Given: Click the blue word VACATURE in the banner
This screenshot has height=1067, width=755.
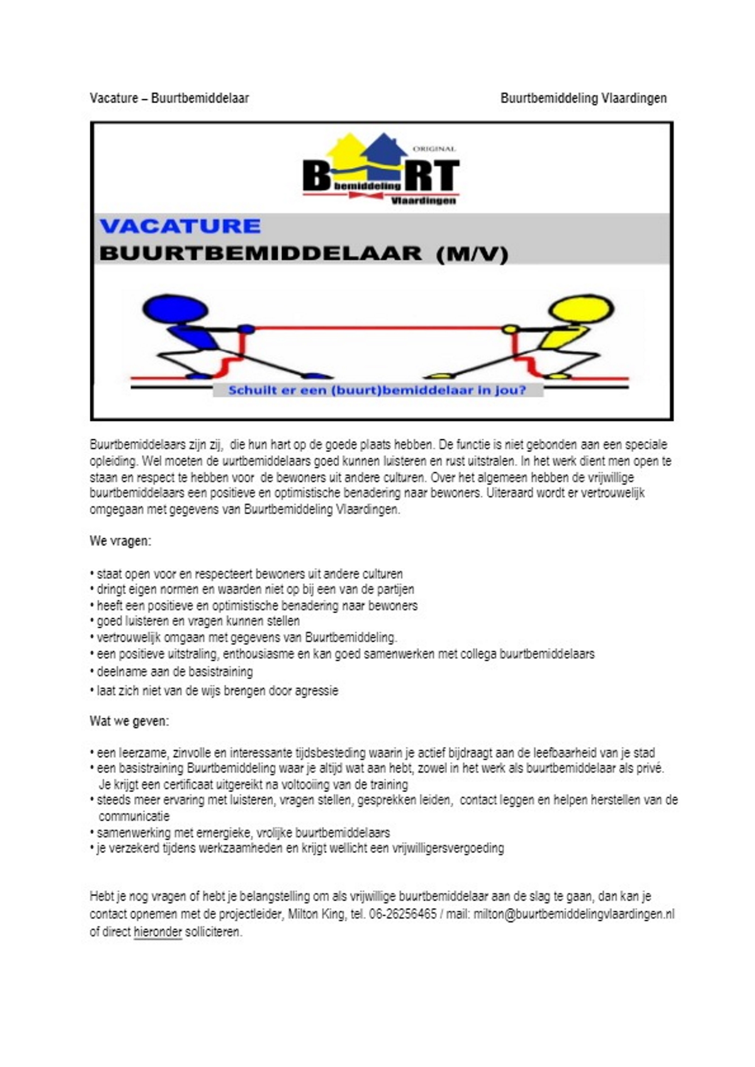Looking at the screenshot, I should pyautogui.click(x=180, y=226).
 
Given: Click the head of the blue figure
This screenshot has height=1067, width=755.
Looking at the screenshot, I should pyautogui.click(x=175, y=308).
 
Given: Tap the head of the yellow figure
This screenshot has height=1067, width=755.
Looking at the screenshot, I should pyautogui.click(x=581, y=308).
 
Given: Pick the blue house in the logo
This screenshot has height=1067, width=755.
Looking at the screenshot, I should pyautogui.click(x=384, y=150).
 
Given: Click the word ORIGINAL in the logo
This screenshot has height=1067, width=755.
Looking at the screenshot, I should pyautogui.click(x=434, y=149).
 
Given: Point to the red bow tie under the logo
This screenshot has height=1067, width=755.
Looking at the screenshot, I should pyautogui.click(x=366, y=195).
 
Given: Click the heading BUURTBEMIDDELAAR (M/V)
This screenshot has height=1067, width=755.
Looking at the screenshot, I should pyautogui.click(x=304, y=254).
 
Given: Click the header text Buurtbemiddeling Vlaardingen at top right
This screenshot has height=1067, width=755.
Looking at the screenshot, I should pyautogui.click(x=584, y=98).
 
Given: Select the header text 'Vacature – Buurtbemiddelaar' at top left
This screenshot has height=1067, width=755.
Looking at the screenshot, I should pyautogui.click(x=169, y=98).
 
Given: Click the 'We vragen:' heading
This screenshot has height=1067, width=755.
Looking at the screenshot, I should pyautogui.click(x=121, y=542).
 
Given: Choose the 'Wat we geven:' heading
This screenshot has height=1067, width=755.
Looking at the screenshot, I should pyautogui.click(x=129, y=721).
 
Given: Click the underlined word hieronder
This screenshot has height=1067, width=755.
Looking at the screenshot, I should pyautogui.click(x=157, y=932).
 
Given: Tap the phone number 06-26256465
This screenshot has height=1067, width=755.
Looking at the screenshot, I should pyautogui.click(x=403, y=914).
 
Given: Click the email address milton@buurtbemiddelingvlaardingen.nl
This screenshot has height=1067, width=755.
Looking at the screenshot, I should pyautogui.click(x=574, y=914).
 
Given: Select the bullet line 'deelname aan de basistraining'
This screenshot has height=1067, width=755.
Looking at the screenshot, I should pyautogui.click(x=175, y=671).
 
